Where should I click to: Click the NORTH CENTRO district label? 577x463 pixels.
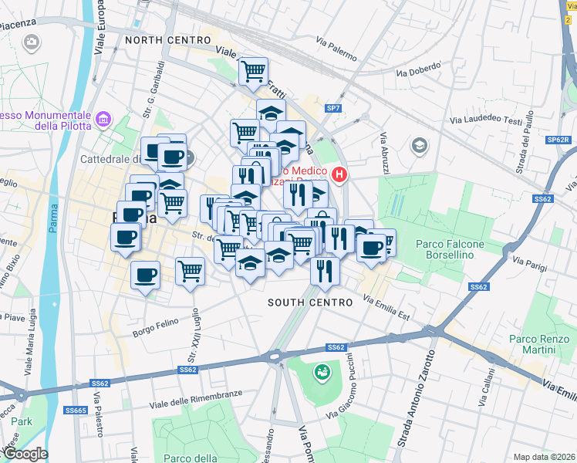coord(167,40)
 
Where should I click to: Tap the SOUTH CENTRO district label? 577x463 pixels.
coord(310,302)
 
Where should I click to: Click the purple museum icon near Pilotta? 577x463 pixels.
coord(103,120)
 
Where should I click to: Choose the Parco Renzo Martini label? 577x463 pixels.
coord(532,345)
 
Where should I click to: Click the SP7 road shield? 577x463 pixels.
coord(333,108)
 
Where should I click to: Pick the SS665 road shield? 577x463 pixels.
coord(75,410)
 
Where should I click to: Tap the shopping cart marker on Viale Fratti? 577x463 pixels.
coord(253,73)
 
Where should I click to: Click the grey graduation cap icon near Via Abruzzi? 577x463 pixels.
coord(419,145)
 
